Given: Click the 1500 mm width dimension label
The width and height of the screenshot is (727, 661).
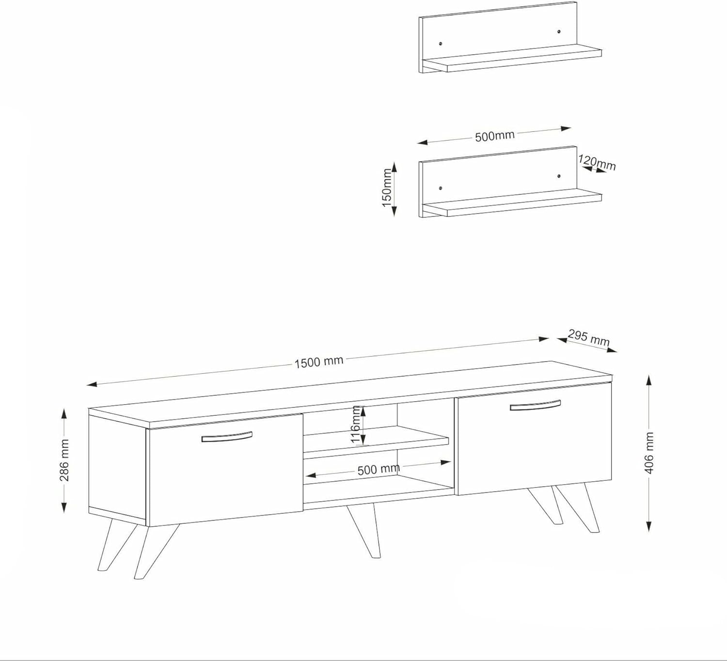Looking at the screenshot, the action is pyautogui.click(x=318, y=362).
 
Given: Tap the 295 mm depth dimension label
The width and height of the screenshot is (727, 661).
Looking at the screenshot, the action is pyautogui.click(x=588, y=338).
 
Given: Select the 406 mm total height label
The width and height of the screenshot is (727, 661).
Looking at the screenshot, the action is pyautogui.click(x=649, y=453).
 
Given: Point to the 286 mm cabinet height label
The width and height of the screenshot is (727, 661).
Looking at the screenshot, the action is pyautogui.click(x=64, y=460).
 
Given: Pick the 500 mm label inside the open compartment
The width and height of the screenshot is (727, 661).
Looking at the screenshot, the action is pyautogui.click(x=379, y=470).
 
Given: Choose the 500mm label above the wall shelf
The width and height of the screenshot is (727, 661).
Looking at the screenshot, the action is pyautogui.click(x=495, y=136).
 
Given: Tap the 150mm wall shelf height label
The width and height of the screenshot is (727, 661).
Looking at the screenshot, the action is pyautogui.click(x=387, y=188).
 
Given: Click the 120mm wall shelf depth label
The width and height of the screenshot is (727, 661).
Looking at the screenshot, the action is pyautogui.click(x=597, y=162).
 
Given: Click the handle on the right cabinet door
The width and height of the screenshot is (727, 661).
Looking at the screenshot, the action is pyautogui.click(x=535, y=406).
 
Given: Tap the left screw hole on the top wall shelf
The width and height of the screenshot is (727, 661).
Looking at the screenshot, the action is pyautogui.click(x=441, y=44).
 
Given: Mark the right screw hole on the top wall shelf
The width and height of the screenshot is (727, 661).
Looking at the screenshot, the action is pyautogui.click(x=559, y=31).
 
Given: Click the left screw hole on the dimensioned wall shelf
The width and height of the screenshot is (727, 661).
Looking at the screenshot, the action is pyautogui.click(x=441, y=188).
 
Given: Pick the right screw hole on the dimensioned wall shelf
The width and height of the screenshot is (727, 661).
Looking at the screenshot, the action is pyautogui.click(x=559, y=176).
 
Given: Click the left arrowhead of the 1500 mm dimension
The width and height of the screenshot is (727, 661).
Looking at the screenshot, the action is pyautogui.click(x=91, y=384).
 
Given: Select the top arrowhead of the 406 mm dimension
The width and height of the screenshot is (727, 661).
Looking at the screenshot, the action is pyautogui.click(x=648, y=380).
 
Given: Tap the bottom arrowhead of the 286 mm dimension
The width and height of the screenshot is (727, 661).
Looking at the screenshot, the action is pyautogui.click(x=64, y=508).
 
